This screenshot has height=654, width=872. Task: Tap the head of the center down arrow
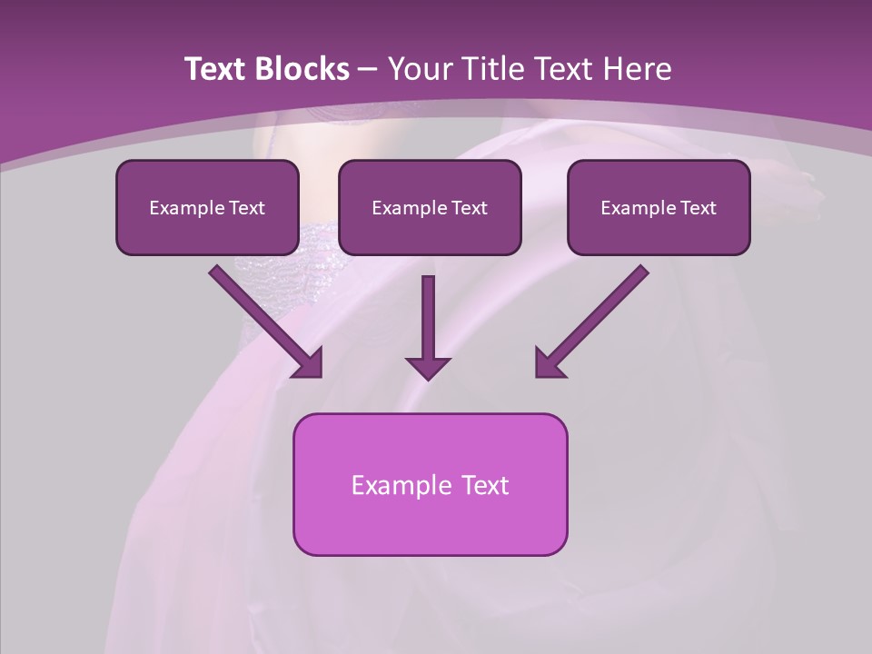[428, 368]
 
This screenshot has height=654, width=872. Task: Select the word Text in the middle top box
[470, 208]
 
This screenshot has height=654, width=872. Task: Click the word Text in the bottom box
[485, 485]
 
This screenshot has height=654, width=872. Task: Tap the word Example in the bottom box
[401, 485]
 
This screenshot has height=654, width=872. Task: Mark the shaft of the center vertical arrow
[428, 313]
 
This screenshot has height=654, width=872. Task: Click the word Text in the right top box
[699, 208]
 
